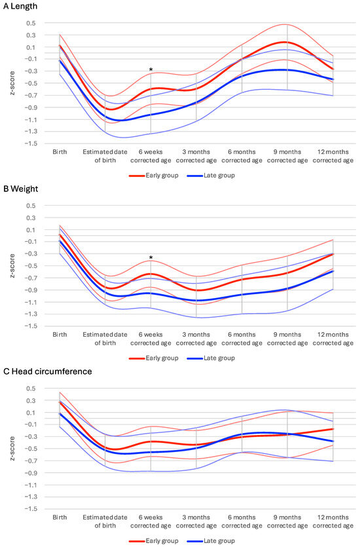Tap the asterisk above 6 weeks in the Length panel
(151, 69)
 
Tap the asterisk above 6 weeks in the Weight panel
(151, 258)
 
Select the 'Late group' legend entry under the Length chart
(211, 176)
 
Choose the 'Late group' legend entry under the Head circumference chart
(211, 541)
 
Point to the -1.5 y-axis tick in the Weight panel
(29, 326)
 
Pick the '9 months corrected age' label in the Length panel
(287, 155)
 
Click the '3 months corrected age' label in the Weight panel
(196, 338)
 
